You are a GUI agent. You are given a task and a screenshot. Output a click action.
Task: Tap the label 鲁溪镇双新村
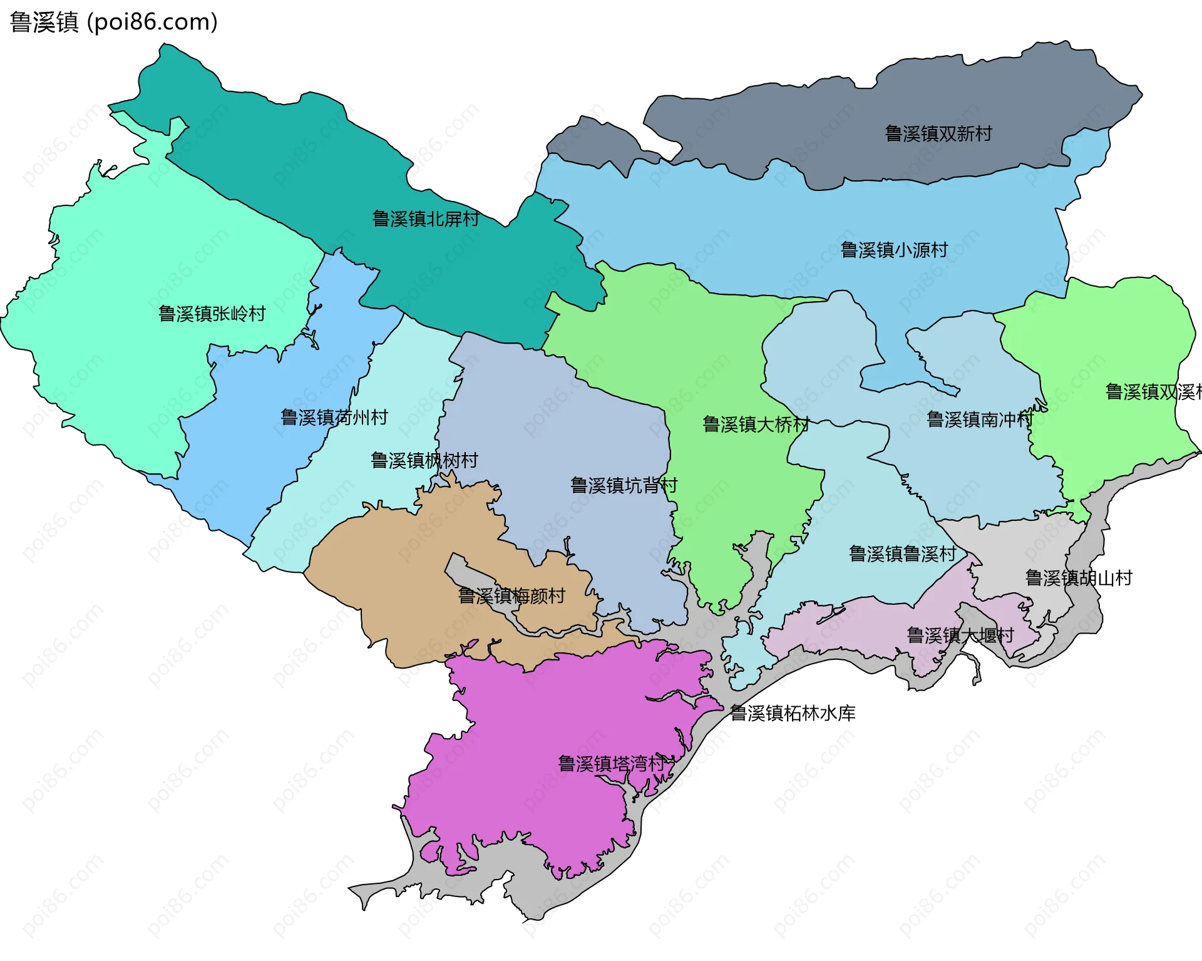pos(938,133)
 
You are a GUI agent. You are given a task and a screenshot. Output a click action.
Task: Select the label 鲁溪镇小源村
pos(893,250)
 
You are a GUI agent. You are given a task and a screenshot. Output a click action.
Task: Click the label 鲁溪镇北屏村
pos(426,218)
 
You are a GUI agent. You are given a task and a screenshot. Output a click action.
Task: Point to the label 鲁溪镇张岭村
pos(212,313)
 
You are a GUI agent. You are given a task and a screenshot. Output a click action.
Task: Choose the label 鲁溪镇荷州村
pos(334,417)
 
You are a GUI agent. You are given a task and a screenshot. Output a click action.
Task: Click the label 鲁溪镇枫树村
pos(424,460)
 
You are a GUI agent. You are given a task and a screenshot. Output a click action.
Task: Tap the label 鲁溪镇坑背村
pos(624,485)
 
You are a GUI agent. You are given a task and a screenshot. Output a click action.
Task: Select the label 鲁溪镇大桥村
pos(756,424)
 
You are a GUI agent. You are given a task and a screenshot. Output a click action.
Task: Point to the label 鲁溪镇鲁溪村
pos(902,553)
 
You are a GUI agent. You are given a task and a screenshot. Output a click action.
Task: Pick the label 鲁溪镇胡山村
pos(1078,577)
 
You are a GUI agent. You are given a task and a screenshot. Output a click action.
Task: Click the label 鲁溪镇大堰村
pos(960,635)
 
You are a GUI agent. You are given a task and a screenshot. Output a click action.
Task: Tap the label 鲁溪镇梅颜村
pos(511,595)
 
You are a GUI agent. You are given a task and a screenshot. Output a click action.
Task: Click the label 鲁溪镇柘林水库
pos(793,713)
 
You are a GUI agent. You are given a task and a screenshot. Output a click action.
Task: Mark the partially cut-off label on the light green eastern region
pos(1153,392)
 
